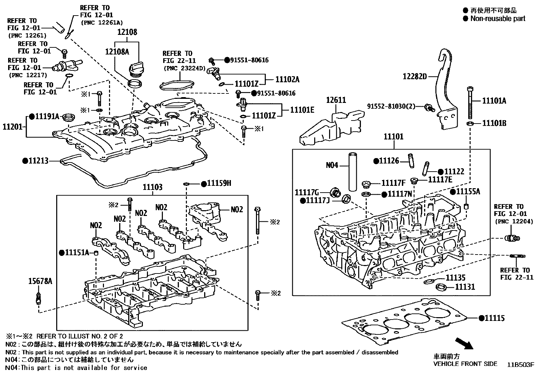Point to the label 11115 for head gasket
click(x=494, y=318)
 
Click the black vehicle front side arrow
click(x=463, y=343)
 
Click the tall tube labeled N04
click(x=353, y=173)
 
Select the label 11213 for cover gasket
click(x=38, y=161)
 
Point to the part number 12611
click(x=336, y=100)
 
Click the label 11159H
click(x=219, y=183)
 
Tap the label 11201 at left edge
click(x=13, y=127)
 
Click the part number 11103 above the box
click(x=152, y=187)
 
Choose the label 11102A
click(x=287, y=79)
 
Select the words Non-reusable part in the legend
click(x=498, y=19)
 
